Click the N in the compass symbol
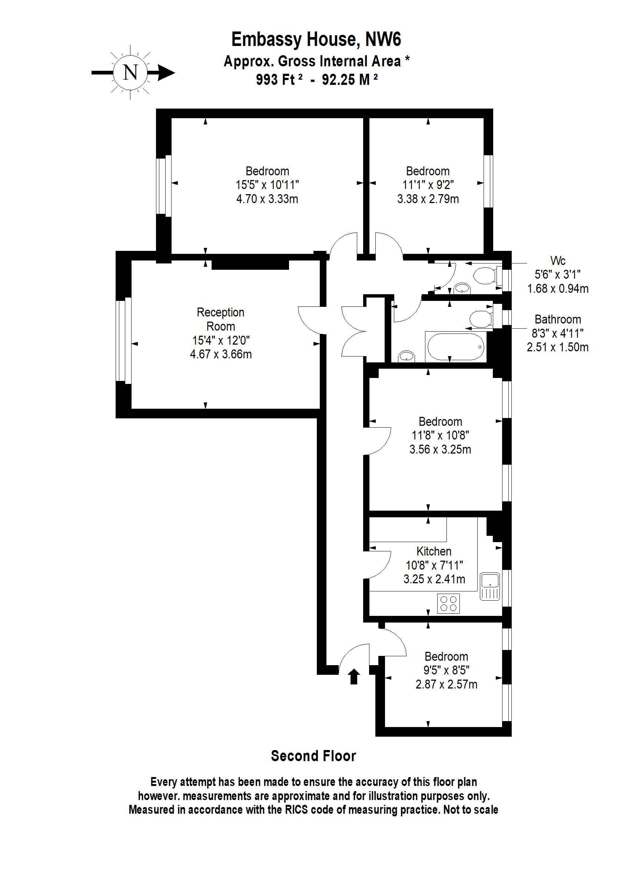130,72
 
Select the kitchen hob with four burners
448,603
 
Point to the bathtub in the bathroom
456,346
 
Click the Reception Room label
220,319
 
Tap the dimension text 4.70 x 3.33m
267,199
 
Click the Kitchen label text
434,551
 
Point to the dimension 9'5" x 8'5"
446,670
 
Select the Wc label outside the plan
558,261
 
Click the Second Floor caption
313,756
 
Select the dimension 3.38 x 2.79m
428,199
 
